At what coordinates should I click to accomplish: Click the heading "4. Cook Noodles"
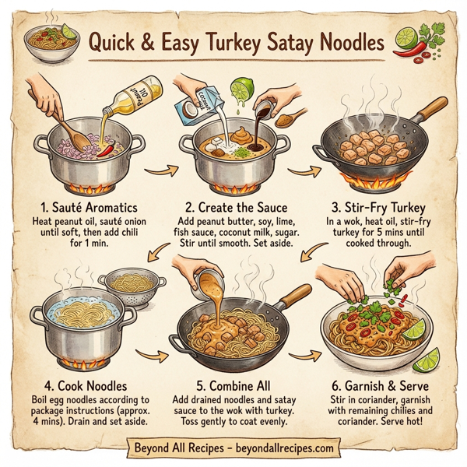click(x=81, y=384)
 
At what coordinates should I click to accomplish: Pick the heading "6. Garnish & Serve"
click(x=381, y=384)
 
